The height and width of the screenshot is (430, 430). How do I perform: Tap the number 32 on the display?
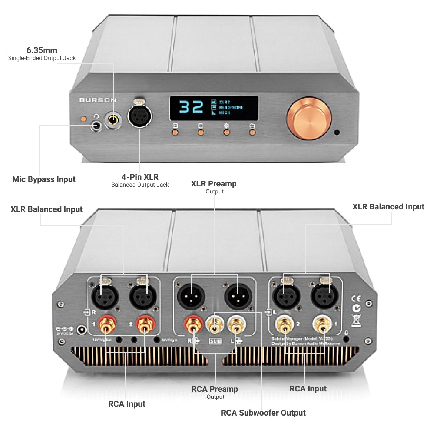[191, 107]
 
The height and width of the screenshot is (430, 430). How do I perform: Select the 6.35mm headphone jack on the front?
[113, 120]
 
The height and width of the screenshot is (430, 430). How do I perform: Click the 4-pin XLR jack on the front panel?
[140, 115]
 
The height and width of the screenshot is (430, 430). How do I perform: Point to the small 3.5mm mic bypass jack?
[96, 126]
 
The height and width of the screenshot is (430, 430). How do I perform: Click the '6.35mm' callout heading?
[42, 50]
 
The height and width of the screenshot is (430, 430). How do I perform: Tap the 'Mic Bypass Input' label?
[44, 179]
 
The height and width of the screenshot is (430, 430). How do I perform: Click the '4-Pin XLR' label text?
[140, 177]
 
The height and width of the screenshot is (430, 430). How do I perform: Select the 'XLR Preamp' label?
[214, 184]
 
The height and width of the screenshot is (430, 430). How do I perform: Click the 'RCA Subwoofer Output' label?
[263, 413]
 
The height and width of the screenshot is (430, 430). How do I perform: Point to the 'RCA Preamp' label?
[215, 389]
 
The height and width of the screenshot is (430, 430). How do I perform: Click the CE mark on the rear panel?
[355, 299]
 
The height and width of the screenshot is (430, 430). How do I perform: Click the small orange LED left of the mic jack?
[83, 119]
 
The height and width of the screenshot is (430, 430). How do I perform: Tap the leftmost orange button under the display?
[175, 132]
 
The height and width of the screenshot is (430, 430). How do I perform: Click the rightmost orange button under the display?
[252, 132]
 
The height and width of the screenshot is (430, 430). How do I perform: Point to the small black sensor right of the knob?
[337, 132]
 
